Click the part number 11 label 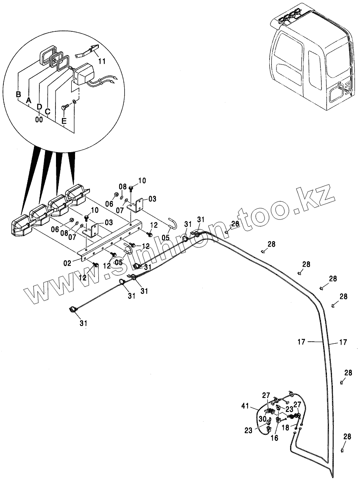point(102,61)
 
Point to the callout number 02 point(68,263)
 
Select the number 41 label point(245,406)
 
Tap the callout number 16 point(274,438)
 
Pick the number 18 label point(286,428)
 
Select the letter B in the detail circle point(18,94)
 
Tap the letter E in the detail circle point(64,121)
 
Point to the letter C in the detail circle point(47,111)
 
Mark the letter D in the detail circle point(39,106)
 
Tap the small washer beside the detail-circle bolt point(75,102)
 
